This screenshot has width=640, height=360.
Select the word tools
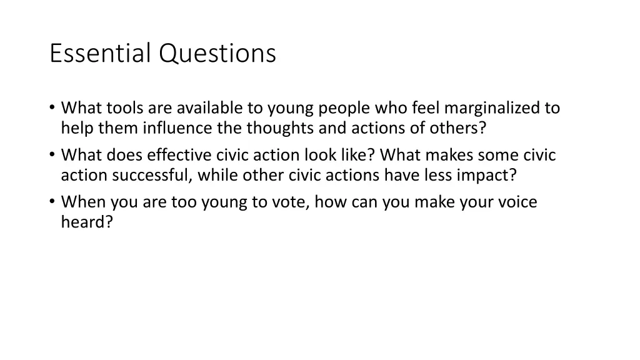pos(124,108)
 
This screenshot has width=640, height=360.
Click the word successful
pos(152,175)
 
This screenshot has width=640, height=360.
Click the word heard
pos(86,222)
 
